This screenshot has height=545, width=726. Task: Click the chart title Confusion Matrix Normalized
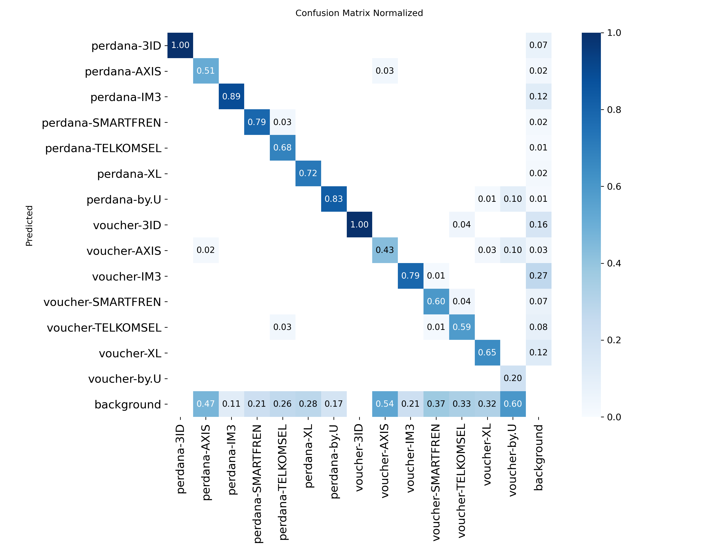tap(359, 13)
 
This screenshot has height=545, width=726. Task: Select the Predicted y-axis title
tap(29, 226)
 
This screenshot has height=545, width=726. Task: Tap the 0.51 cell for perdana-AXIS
tap(206, 71)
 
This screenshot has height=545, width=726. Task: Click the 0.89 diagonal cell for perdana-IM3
tap(231, 97)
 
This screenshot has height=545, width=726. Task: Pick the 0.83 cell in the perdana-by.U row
tap(334, 199)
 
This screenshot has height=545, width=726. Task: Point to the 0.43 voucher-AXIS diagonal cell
tap(385, 250)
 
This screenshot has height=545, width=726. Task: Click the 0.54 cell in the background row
tap(385, 404)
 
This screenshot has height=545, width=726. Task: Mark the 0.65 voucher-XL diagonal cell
tap(487, 353)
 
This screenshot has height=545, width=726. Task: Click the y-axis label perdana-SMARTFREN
tap(101, 123)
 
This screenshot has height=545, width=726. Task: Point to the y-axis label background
tap(128, 405)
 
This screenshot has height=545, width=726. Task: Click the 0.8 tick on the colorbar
tap(614, 110)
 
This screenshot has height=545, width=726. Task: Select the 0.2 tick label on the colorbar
tap(614, 340)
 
